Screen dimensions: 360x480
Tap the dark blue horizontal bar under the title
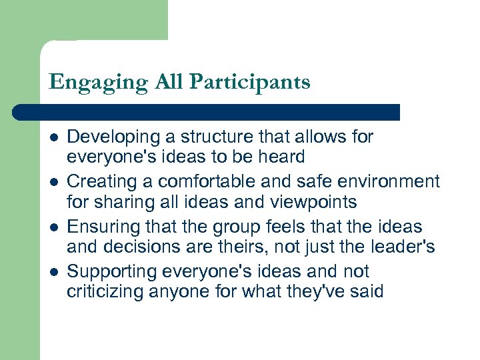tap(207, 112)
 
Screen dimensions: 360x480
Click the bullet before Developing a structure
tap(53, 137)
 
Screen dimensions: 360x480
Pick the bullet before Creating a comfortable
tap(53, 182)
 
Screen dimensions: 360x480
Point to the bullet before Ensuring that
tap(53, 227)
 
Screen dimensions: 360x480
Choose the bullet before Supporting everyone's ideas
tap(53, 272)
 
